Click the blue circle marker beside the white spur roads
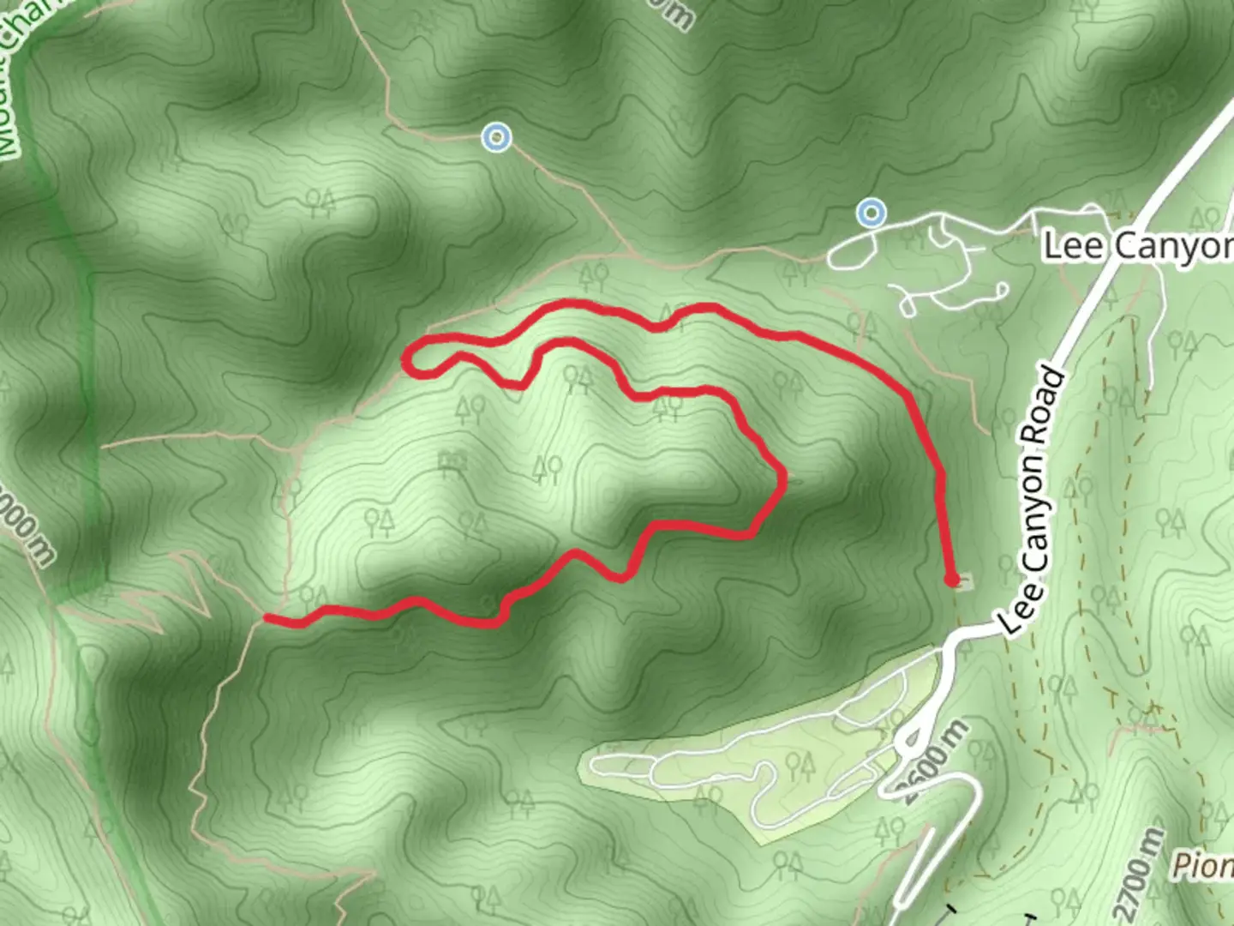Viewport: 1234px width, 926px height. [872, 212]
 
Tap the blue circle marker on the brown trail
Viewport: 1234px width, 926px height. [496, 137]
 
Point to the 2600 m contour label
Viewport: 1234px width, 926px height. [936, 762]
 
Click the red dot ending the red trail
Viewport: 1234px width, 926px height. [951, 580]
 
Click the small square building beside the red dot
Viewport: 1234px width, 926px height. [964, 584]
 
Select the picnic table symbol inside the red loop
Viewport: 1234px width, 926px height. [452, 463]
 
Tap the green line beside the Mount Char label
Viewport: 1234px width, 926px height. [86, 343]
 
